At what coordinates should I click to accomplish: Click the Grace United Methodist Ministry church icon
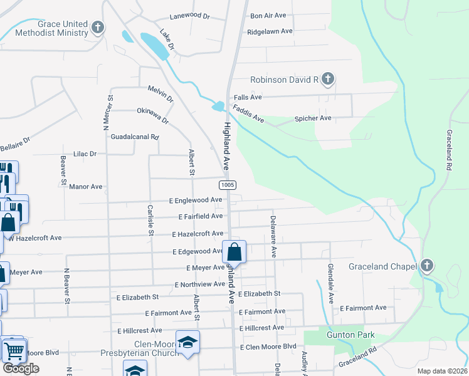97,28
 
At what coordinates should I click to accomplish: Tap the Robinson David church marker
327,80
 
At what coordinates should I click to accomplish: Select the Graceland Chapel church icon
427,266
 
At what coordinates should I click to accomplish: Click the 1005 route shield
228,185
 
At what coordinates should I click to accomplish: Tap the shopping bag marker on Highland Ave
234,253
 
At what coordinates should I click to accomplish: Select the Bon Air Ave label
269,16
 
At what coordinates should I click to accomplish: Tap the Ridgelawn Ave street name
270,31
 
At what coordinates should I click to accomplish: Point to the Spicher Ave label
313,118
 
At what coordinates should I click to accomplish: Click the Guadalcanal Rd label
135,137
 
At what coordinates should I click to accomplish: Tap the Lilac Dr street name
85,154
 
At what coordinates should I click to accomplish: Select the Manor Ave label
86,187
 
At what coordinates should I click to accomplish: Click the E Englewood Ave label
196,200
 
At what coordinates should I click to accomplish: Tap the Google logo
21,368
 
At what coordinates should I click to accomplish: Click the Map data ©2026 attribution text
442,371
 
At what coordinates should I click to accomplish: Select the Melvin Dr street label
161,94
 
